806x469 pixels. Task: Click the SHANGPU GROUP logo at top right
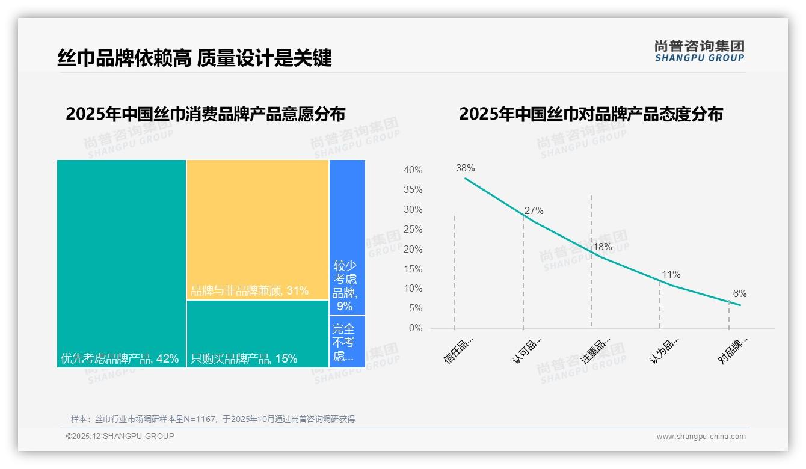pos(700,51)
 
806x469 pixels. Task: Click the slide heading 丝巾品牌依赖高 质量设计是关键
pos(194,58)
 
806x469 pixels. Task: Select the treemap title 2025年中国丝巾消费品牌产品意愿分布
pos(205,114)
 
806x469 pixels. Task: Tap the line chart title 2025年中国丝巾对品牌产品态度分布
pos(591,114)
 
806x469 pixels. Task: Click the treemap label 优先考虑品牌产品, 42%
pos(120,359)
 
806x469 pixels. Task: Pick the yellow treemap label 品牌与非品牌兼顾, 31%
pos(250,291)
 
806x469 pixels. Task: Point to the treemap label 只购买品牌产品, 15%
pos(244,359)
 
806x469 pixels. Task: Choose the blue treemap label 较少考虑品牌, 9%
pos(345,285)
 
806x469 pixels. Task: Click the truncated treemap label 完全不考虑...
pos(343,342)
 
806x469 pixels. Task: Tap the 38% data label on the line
pos(465,168)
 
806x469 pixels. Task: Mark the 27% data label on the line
pos(534,211)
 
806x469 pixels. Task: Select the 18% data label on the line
pos(602,247)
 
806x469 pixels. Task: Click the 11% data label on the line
pos(671,275)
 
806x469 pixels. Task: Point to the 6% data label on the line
pos(739,294)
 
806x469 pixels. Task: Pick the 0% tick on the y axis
pos(415,328)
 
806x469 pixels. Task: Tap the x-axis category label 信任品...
pos(459,351)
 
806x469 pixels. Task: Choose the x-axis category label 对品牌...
pos(733,351)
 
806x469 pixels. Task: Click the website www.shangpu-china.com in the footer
pos(701,437)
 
